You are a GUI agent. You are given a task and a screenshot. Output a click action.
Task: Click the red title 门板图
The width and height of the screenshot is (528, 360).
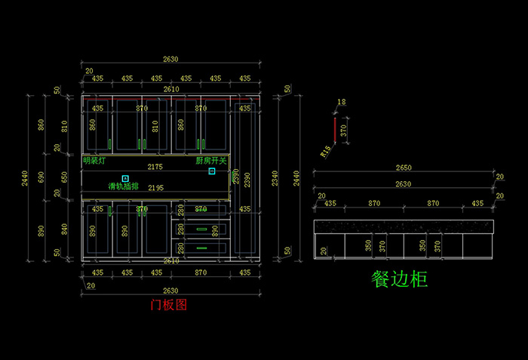click(168, 305)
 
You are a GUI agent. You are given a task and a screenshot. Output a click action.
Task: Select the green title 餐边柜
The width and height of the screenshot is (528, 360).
click(400, 279)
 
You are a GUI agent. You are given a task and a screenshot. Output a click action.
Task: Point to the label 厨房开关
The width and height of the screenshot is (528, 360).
click(211, 160)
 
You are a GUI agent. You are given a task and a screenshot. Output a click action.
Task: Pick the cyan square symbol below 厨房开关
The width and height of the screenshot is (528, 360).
click(212, 171)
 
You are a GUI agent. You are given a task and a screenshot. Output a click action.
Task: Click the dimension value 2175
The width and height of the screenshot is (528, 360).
click(155, 166)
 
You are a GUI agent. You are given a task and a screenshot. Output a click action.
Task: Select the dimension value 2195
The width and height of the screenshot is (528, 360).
click(155, 187)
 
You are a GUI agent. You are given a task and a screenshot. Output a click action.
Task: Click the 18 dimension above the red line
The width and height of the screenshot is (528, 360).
click(342, 102)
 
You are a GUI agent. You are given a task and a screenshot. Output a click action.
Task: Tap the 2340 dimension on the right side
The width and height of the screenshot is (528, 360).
click(275, 178)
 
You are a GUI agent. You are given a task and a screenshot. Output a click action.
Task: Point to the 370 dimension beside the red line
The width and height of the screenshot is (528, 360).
click(344, 131)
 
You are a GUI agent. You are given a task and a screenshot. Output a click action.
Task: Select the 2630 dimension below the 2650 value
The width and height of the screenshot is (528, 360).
click(404, 183)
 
